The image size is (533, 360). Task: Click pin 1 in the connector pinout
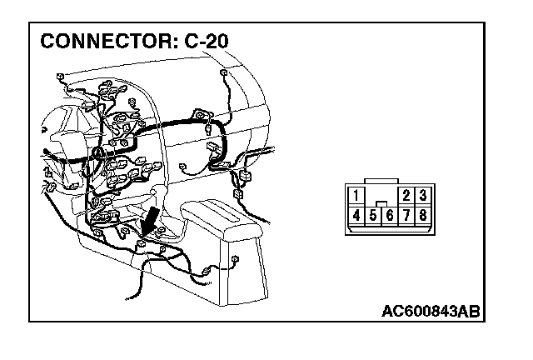(356, 197)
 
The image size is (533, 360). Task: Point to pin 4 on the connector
(356, 215)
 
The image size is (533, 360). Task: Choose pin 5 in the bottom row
(372, 216)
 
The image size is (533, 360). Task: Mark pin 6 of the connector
(389, 216)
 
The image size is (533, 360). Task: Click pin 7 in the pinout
(406, 215)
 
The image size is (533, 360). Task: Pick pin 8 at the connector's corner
(423, 215)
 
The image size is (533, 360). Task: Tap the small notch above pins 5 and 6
(381, 203)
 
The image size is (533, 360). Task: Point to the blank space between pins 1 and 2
(381, 195)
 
